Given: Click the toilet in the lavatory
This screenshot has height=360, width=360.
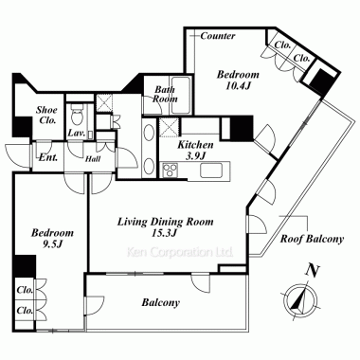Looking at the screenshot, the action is click(x=76, y=116).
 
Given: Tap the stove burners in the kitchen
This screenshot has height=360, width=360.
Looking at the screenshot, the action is click(x=171, y=171).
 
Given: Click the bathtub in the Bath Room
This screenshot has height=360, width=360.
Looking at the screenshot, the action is click(x=180, y=96).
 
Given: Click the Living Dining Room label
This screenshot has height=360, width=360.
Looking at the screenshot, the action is click(x=166, y=222).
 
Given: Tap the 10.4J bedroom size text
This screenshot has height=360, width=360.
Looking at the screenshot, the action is click(x=238, y=86).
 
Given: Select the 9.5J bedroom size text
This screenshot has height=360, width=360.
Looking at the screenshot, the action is click(x=52, y=244).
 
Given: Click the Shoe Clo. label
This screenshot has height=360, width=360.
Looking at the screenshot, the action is click(x=46, y=115).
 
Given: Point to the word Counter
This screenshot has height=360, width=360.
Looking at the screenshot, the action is click(x=218, y=36).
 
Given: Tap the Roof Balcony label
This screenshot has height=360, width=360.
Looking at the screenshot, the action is click(x=312, y=239).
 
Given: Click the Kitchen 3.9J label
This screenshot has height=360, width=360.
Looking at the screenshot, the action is click(x=195, y=150).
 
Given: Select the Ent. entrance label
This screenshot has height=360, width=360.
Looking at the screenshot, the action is click(x=48, y=157).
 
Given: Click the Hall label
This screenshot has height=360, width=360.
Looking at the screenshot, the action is click(x=93, y=158).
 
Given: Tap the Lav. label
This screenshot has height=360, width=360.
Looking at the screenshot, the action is click(x=77, y=133).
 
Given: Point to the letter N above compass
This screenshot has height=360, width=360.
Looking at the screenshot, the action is click(x=313, y=271).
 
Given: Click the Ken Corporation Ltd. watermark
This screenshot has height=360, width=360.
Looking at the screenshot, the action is click(x=180, y=252).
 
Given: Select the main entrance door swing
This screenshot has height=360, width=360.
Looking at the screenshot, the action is click(x=18, y=155).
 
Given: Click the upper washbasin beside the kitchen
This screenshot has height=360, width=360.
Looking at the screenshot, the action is click(x=148, y=133).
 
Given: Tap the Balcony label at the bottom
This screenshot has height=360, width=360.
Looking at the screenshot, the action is click(x=161, y=303).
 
